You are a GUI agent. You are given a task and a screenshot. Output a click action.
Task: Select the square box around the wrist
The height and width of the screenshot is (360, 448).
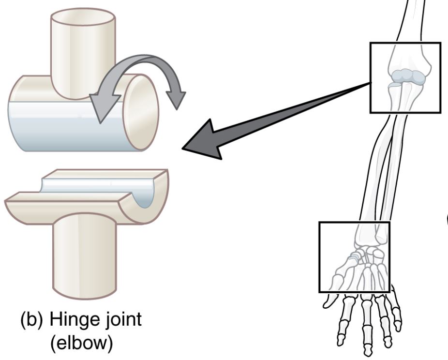coord(354,256)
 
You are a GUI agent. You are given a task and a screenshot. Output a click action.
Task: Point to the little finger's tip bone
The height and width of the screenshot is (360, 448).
coord(398,322)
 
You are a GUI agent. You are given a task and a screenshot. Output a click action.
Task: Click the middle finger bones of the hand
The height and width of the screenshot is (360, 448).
coord(367,319)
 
